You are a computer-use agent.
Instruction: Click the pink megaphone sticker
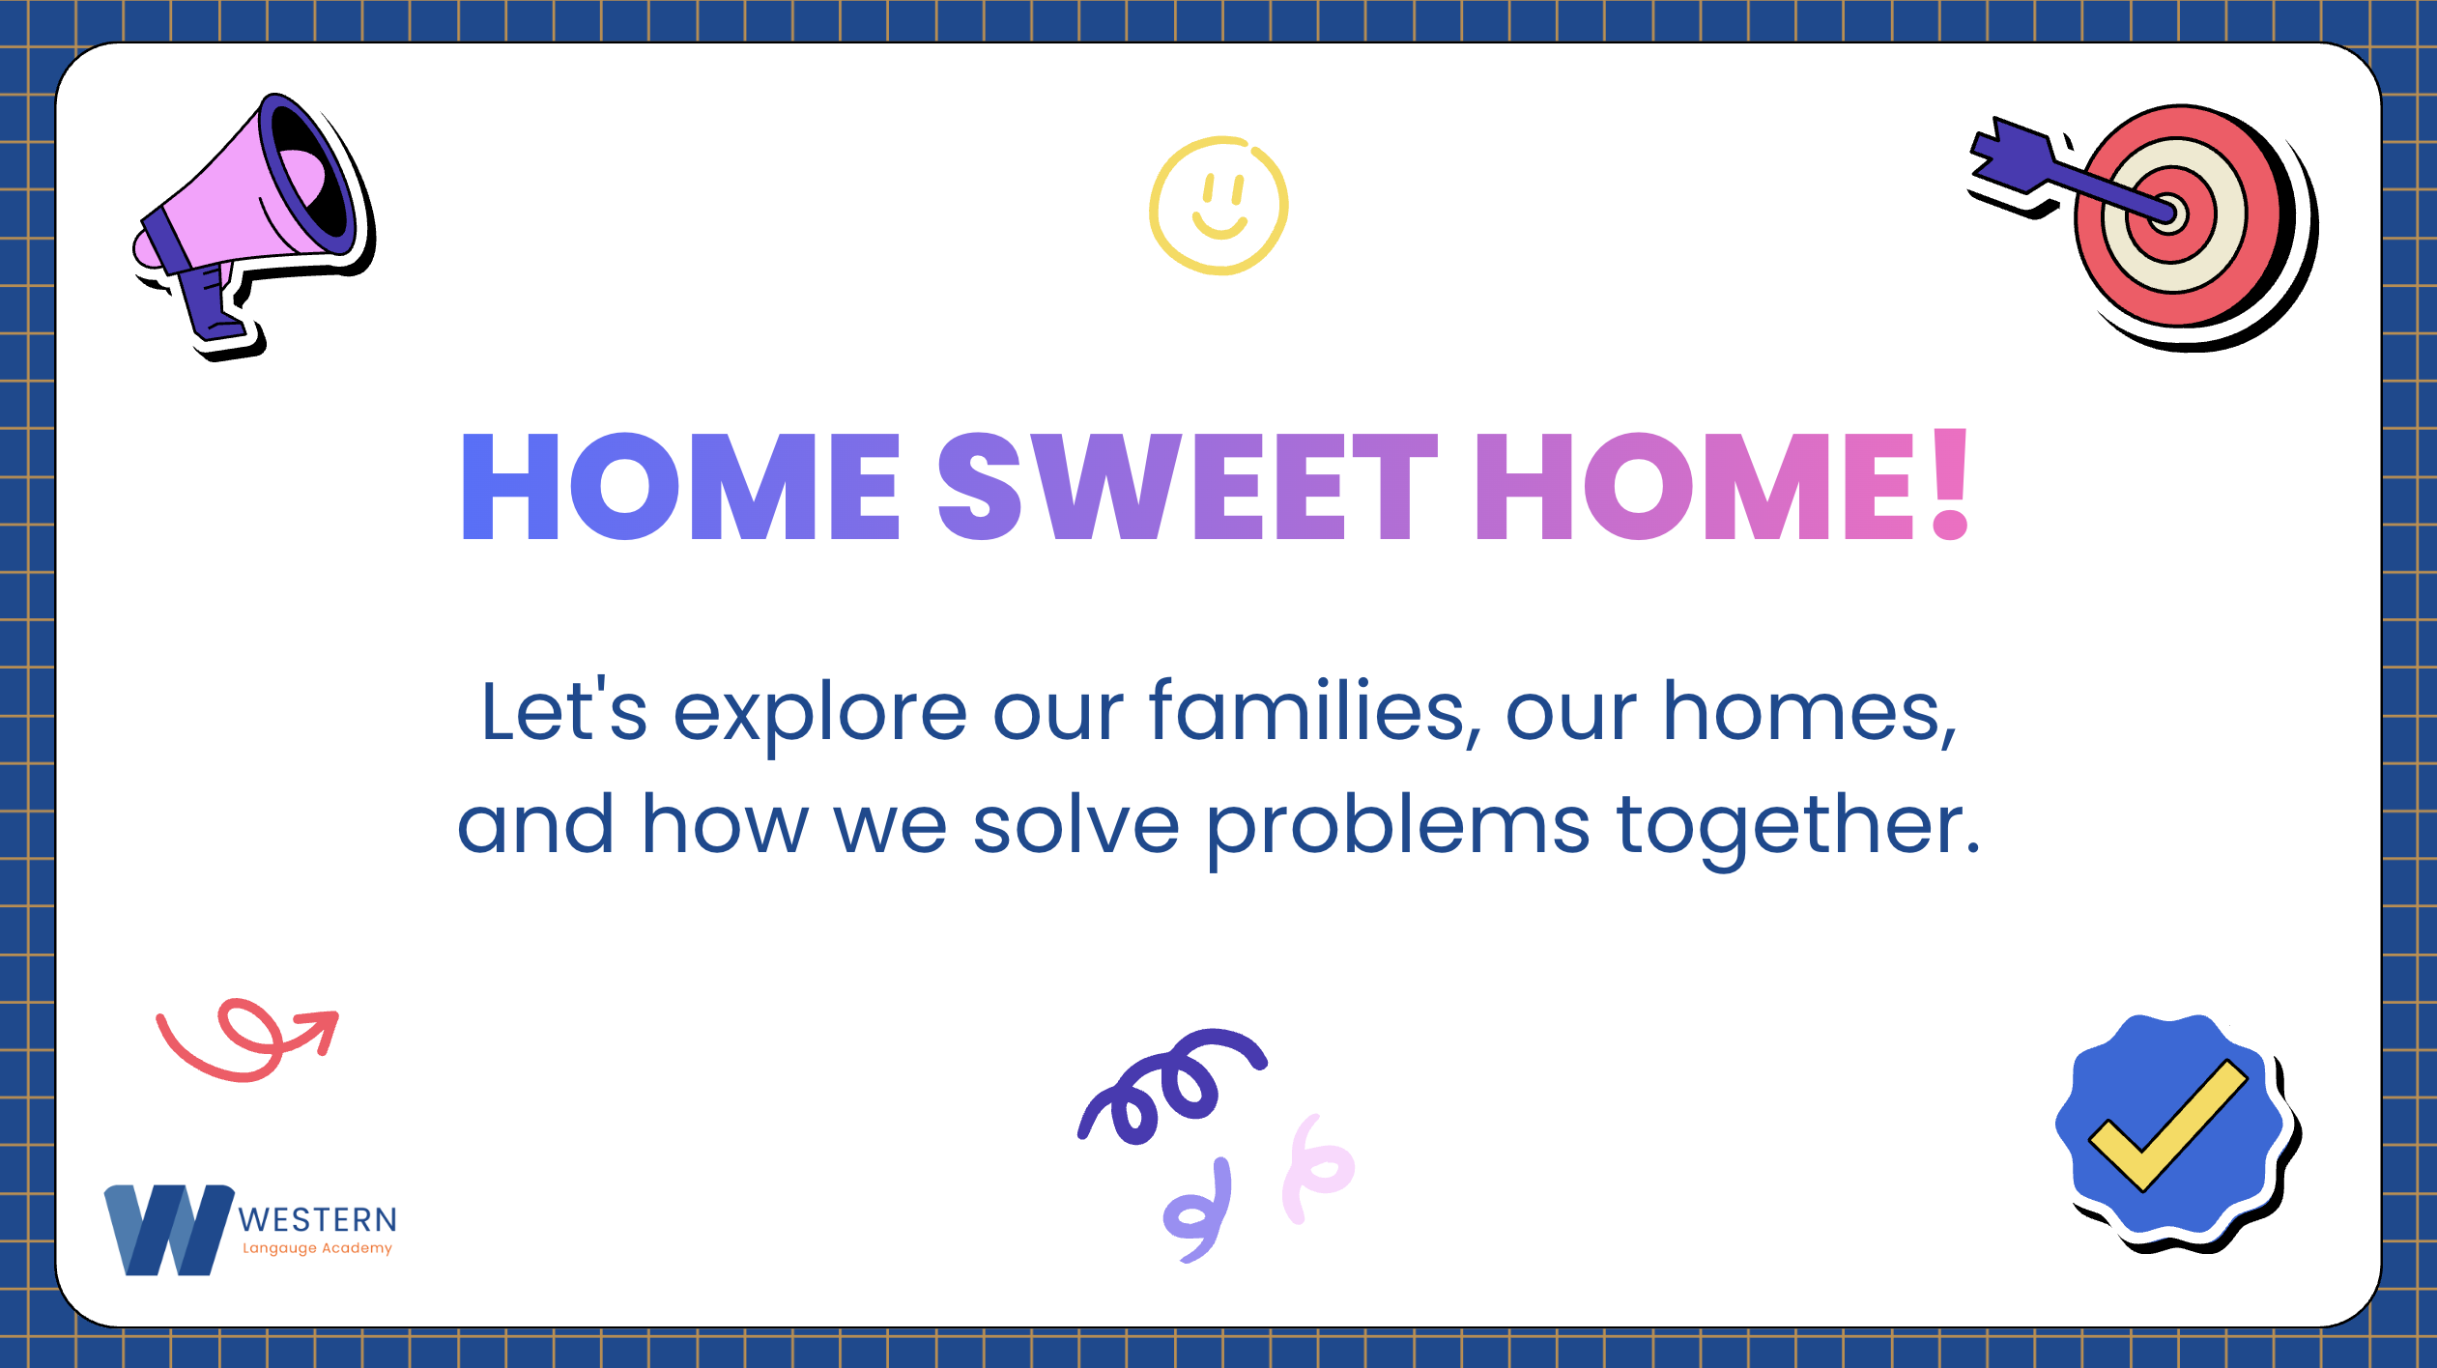(253, 222)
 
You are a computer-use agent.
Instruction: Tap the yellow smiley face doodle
(1218, 205)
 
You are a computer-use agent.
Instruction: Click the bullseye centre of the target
(2168, 214)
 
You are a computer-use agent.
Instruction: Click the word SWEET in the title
(1189, 486)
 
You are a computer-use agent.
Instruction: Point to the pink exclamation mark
(1950, 483)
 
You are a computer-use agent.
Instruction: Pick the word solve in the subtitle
(1075, 823)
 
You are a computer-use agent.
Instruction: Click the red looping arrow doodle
(249, 1040)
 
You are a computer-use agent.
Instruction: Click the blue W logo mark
(169, 1230)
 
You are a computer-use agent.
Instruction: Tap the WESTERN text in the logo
(318, 1220)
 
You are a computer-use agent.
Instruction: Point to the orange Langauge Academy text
(317, 1248)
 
